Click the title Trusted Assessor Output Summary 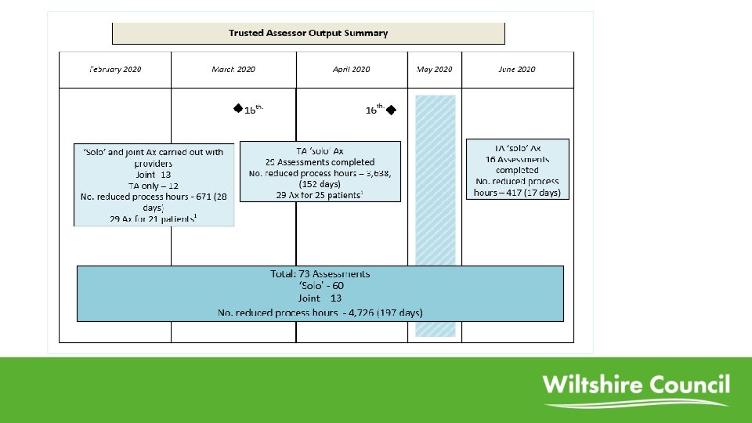pos(308,33)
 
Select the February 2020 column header pos(115,70)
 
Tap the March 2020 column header pos(233,70)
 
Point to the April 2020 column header pos(351,70)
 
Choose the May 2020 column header pos(435,70)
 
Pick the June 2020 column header pos(517,70)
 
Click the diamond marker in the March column pos(237,108)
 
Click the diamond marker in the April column pos(391,109)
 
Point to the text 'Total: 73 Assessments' pos(320,274)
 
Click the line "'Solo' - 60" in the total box pos(320,286)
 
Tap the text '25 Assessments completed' pos(320,162)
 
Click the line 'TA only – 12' pos(154,186)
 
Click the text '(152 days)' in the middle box pos(320,184)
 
